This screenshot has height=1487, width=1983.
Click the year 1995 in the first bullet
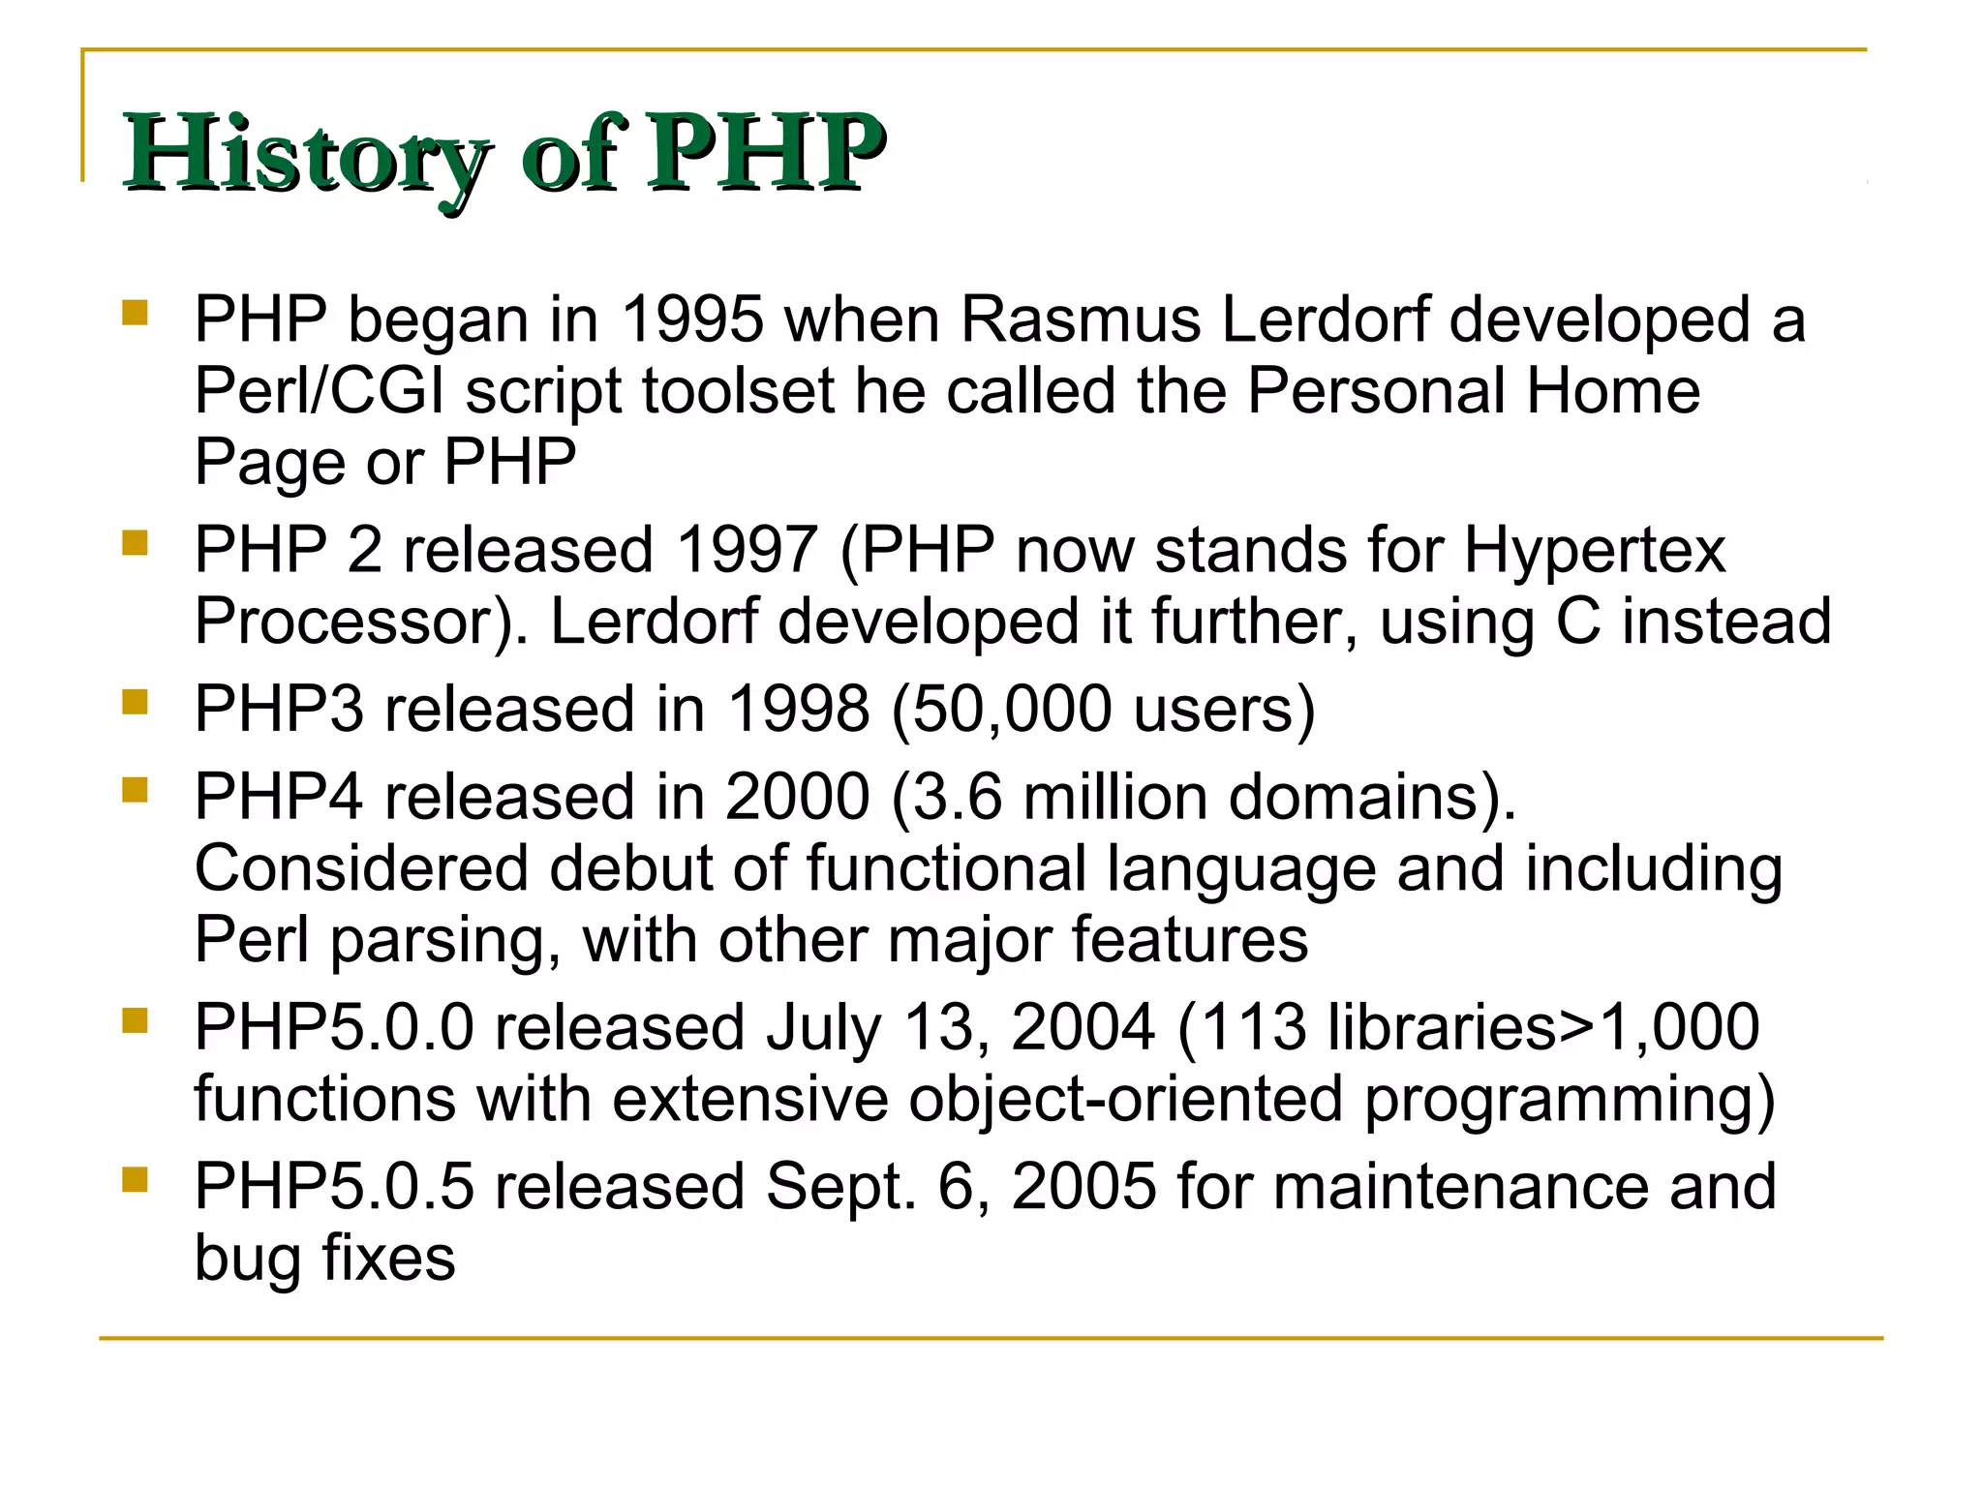[x=691, y=319]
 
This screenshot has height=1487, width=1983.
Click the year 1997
[x=747, y=550]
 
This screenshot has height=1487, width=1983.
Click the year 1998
[x=798, y=710]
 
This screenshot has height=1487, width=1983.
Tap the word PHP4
[x=279, y=798]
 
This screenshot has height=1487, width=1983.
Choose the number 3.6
[x=957, y=798]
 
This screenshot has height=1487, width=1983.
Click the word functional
[x=946, y=868]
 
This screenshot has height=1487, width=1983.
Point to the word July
[x=824, y=1028]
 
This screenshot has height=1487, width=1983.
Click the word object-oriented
[x=1126, y=1100]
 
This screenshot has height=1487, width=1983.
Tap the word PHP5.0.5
[x=334, y=1188]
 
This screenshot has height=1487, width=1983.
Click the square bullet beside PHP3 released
[x=135, y=701]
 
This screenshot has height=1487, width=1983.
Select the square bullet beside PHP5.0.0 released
[x=135, y=1019]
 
